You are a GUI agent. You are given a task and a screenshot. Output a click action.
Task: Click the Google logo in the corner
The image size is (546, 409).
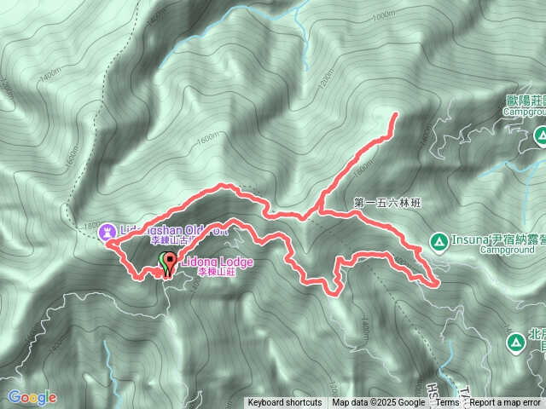pos(32,397)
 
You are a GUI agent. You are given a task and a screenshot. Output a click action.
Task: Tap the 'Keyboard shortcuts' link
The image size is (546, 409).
pos(285,403)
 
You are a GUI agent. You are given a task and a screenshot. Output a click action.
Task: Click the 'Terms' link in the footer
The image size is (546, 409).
pos(448,403)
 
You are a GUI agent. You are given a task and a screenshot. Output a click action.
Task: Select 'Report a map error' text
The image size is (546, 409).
pos(506,403)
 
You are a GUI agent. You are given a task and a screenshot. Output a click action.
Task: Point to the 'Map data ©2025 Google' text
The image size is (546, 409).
pos(379,403)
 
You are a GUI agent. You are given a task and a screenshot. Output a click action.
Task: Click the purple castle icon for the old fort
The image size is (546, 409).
pos(107,230)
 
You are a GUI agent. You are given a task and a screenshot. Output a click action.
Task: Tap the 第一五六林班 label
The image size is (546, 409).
pos(388,204)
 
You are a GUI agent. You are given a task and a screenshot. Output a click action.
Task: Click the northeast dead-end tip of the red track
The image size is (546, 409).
pos(395,114)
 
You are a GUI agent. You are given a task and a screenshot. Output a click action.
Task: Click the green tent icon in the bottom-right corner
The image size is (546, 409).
pos(515,343)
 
